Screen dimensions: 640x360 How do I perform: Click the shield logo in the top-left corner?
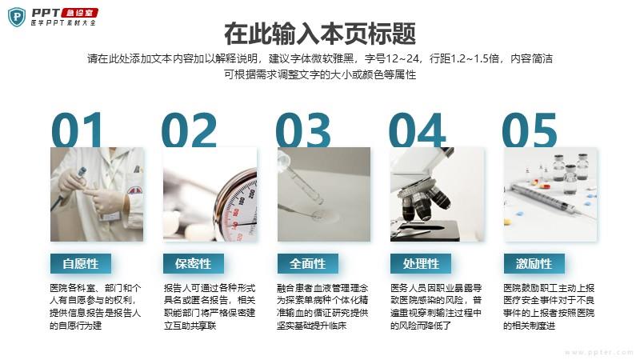(17, 17)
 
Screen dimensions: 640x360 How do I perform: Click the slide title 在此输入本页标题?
(320, 34)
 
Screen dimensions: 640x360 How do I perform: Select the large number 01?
(77, 130)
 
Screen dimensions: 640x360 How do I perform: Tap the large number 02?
(189, 130)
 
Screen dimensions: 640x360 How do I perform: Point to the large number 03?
(303, 130)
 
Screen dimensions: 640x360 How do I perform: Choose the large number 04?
(417, 130)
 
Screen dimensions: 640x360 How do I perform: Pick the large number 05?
(530, 130)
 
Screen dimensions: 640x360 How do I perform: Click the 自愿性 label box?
(81, 264)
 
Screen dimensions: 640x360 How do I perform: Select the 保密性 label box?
(194, 264)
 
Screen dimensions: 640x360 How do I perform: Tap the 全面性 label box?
(308, 264)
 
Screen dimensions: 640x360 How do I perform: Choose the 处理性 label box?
(421, 264)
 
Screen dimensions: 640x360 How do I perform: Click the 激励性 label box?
(534, 264)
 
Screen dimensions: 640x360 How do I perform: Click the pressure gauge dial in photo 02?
(237, 207)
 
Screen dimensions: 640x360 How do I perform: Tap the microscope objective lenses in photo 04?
(425, 203)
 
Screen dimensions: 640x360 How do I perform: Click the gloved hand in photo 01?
(107, 200)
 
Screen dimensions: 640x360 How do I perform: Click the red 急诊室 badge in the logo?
(79, 13)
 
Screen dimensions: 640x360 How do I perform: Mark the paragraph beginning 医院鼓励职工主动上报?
(549, 306)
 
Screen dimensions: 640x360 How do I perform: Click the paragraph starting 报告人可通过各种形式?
(210, 306)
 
